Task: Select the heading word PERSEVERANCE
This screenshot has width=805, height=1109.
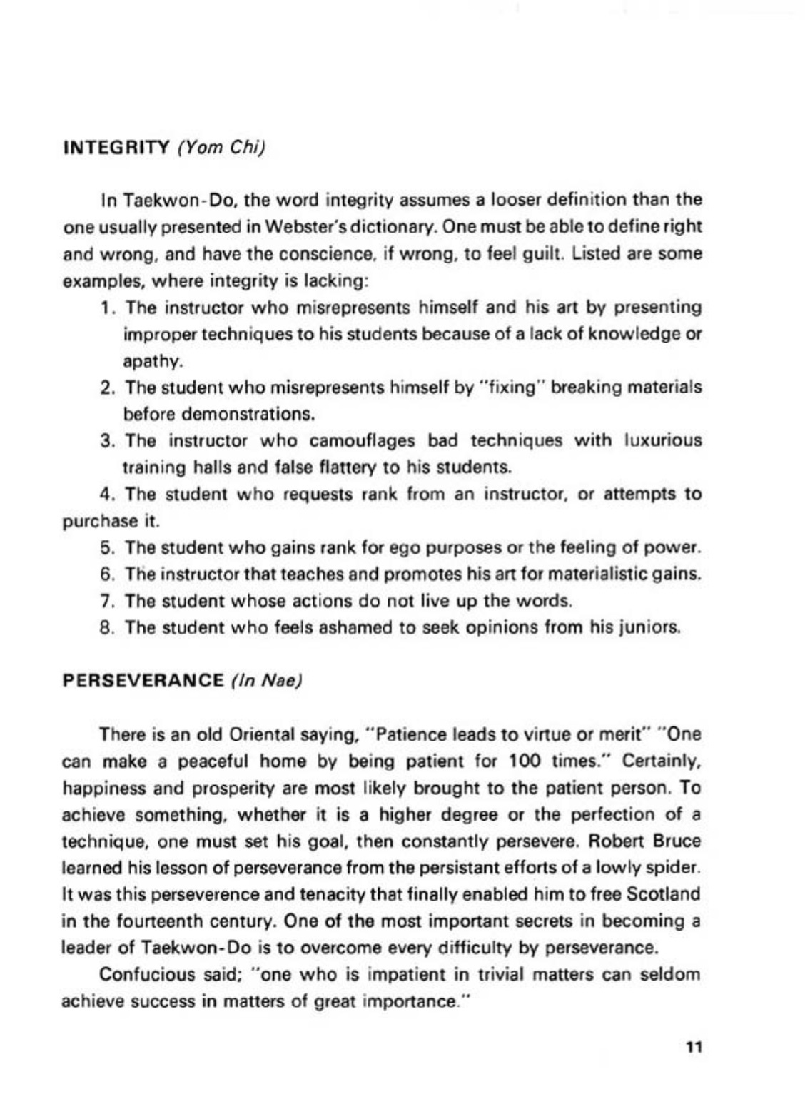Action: pyautogui.click(x=143, y=679)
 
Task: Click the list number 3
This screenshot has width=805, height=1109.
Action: pyautogui.click(x=108, y=441)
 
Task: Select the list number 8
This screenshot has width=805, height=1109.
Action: pyautogui.click(x=108, y=628)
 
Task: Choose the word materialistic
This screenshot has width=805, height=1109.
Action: pyautogui.click(x=592, y=574)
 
